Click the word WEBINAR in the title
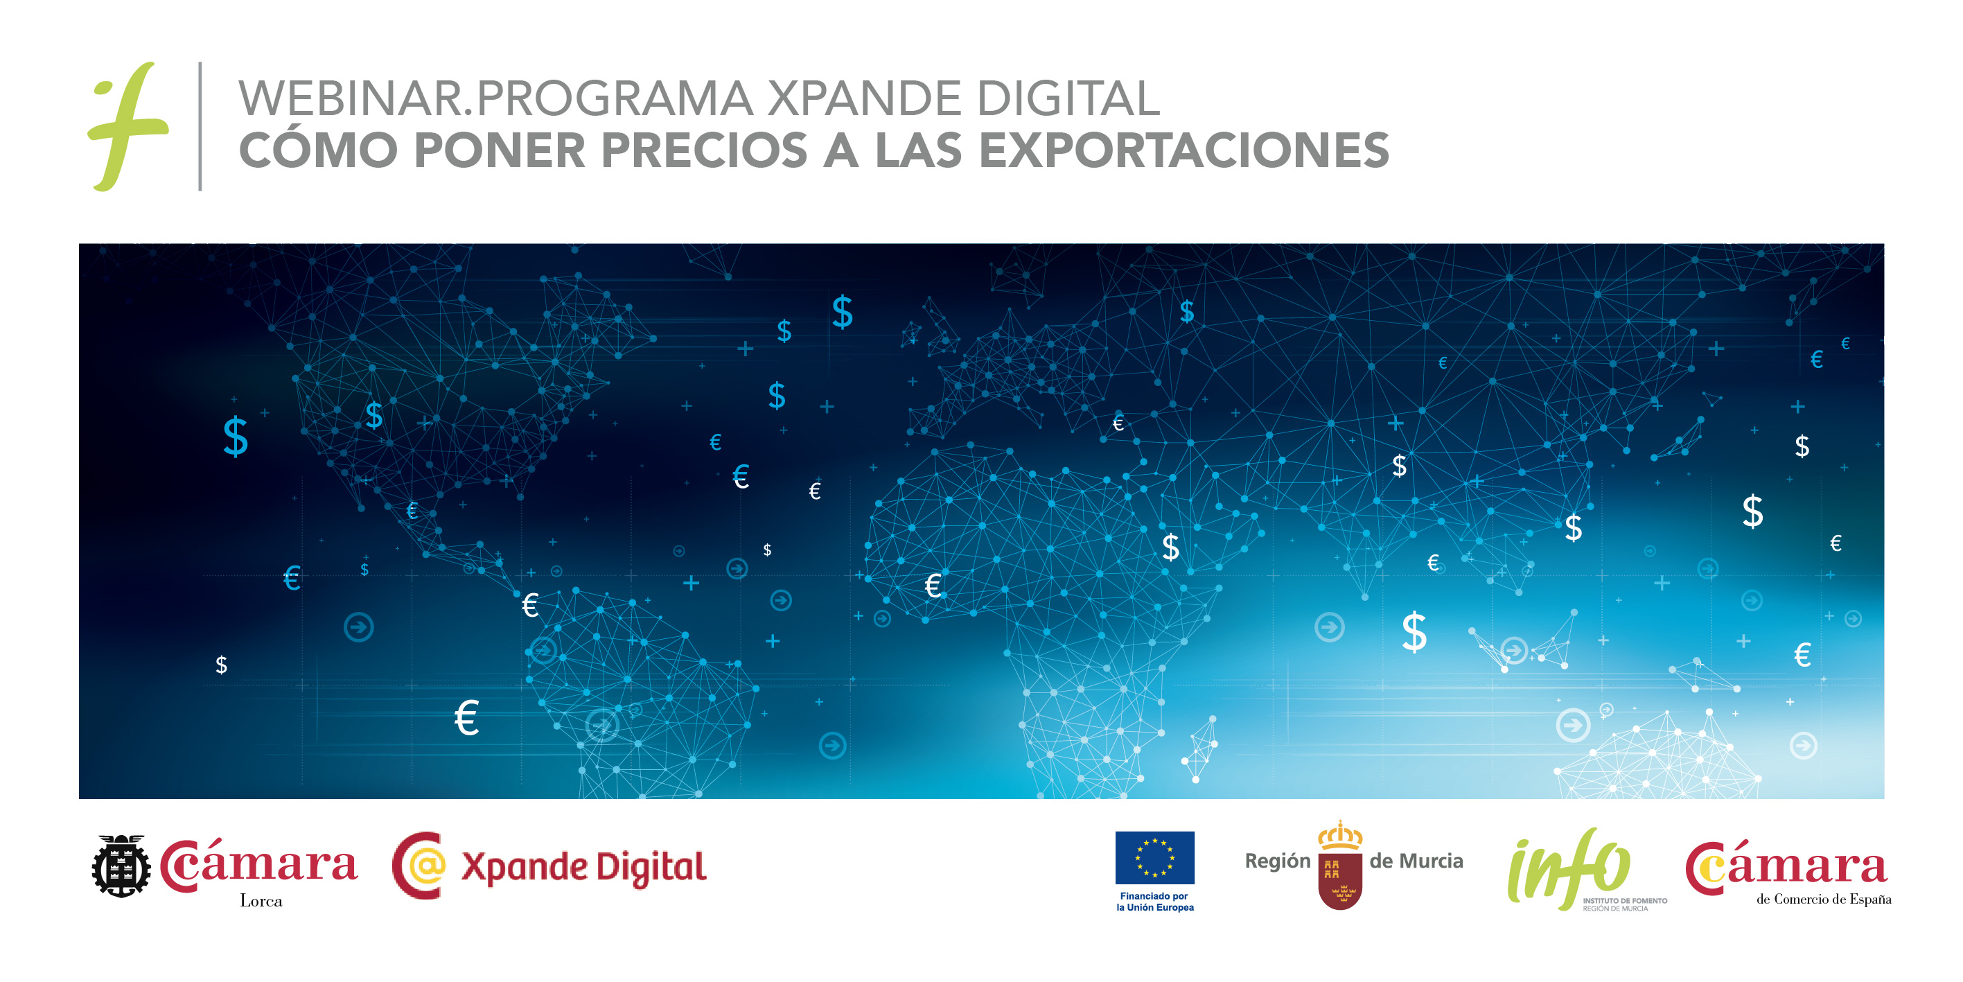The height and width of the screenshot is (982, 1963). (x=351, y=98)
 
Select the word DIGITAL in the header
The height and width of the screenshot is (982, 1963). (x=1068, y=98)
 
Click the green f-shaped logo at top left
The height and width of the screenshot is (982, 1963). (x=127, y=126)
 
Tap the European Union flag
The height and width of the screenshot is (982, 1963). (x=1154, y=857)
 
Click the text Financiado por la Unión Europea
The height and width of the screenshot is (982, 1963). (x=1154, y=901)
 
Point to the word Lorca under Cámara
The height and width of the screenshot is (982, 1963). (x=261, y=900)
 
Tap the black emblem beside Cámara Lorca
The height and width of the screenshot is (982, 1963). (x=121, y=866)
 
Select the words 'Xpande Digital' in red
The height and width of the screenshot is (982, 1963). (x=583, y=867)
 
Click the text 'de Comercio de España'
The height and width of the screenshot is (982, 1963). (x=1824, y=899)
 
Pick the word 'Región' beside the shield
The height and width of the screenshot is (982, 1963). (x=1277, y=861)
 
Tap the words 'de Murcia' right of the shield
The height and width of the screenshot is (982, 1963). (x=1416, y=861)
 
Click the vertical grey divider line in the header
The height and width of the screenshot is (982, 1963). (x=200, y=126)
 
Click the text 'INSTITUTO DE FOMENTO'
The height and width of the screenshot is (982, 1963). (x=1625, y=900)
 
